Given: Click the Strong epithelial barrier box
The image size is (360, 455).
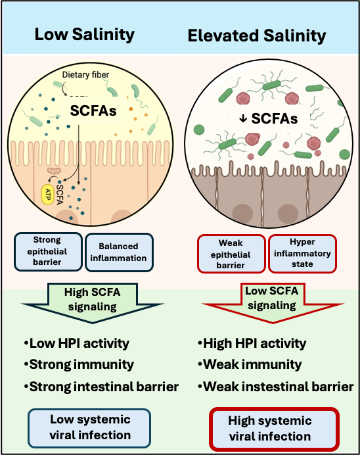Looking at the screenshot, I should pyautogui.click(x=48, y=251).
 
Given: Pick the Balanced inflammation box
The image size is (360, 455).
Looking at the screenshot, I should pyautogui.click(x=118, y=251).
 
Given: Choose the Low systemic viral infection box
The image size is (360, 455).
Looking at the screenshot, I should pyautogui.click(x=90, y=427).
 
